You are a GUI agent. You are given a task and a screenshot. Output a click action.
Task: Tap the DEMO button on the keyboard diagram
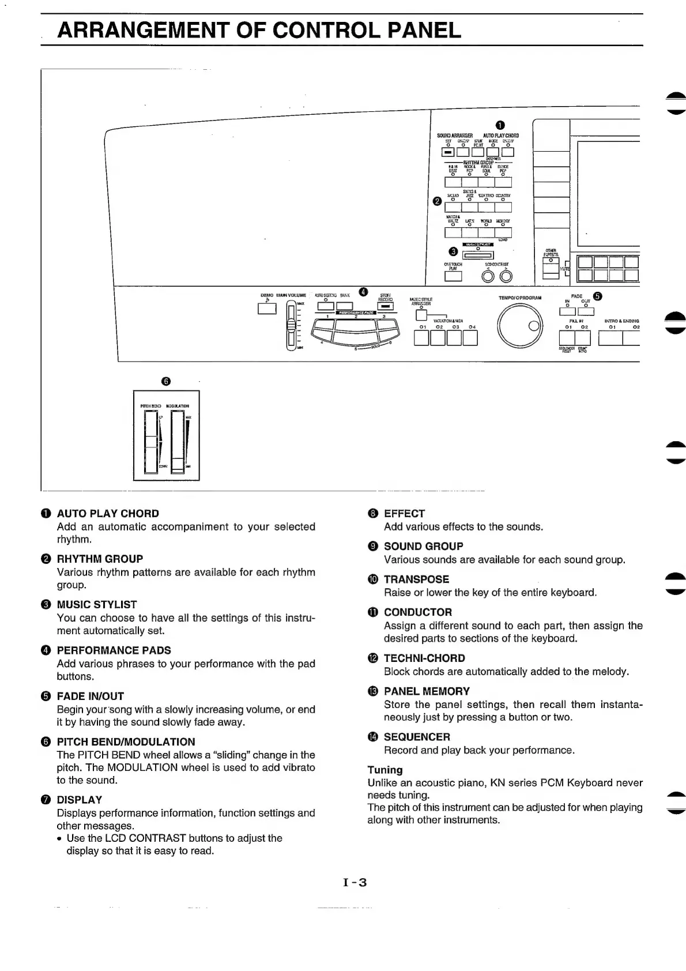tap(267, 308)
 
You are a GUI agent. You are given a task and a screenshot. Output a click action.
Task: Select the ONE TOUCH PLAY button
tap(453, 277)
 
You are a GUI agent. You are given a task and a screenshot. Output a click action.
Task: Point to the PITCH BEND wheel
tap(151, 442)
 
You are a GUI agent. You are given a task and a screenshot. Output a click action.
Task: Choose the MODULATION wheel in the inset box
tap(178, 442)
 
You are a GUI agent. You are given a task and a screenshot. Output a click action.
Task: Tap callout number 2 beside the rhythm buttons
tap(437, 201)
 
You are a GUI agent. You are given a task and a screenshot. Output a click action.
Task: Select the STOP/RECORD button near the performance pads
tap(385, 307)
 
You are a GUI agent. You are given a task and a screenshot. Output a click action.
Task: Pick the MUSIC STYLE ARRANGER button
tap(421, 315)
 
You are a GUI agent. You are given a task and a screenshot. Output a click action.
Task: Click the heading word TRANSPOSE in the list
tap(416, 579)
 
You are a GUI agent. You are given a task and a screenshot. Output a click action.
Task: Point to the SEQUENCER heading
tap(417, 737)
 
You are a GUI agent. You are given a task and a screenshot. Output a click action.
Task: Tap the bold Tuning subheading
tap(385, 770)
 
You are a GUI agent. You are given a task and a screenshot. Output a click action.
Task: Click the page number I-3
tap(355, 882)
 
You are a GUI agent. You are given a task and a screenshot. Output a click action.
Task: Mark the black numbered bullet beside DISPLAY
tap(46, 800)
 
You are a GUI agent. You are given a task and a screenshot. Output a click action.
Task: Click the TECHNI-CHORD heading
tap(424, 658)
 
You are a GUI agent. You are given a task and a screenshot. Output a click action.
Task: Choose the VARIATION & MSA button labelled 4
tap(470, 338)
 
